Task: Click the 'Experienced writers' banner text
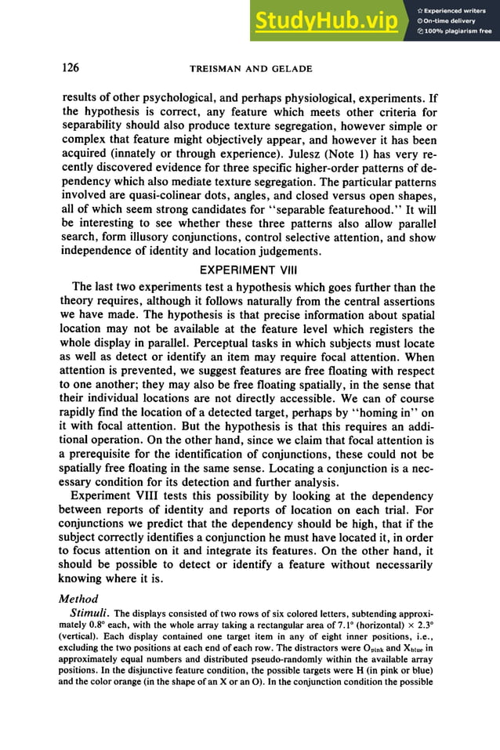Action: [x=455, y=9]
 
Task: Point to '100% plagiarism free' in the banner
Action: [x=455, y=31]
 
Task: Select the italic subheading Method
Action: [x=82, y=598]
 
